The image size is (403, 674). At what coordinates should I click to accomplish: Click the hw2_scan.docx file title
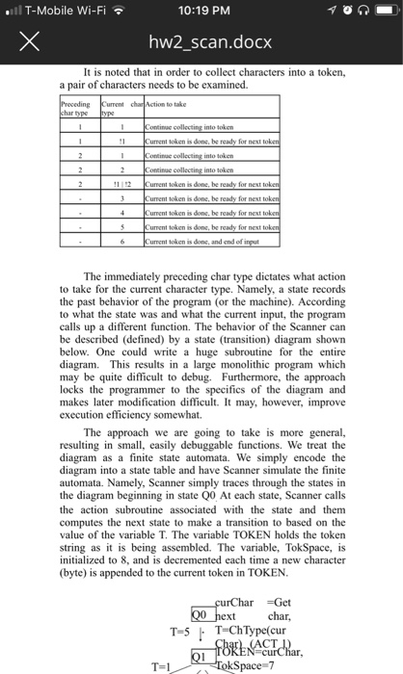click(x=201, y=44)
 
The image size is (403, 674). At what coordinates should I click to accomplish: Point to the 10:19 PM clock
click(x=201, y=11)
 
